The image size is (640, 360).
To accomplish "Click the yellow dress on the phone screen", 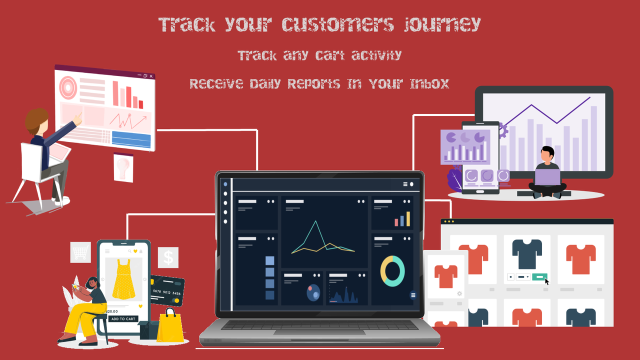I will pyautogui.click(x=123, y=278).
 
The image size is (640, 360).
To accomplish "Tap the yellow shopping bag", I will pyautogui.click(x=170, y=327).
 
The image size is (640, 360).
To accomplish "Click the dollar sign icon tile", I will pyautogui.click(x=168, y=257).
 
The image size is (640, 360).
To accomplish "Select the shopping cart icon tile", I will pyautogui.click(x=80, y=252).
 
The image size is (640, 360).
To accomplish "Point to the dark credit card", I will pyautogui.click(x=167, y=291).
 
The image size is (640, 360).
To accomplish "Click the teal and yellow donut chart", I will pyautogui.click(x=392, y=271).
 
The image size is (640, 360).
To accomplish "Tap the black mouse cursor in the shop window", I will pyautogui.click(x=547, y=281).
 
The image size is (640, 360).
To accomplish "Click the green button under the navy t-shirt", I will pyautogui.click(x=539, y=276).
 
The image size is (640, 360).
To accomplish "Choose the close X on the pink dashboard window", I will pyautogui.click(x=151, y=76).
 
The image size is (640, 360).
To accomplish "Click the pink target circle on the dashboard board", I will pyautogui.click(x=68, y=87).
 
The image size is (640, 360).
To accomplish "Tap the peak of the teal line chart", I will pyautogui.click(x=315, y=221).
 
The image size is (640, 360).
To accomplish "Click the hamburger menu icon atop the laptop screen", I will pyautogui.click(x=405, y=184).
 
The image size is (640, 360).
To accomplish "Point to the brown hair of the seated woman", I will pyautogui.click(x=36, y=120).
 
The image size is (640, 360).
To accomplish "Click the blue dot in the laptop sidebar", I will pyautogui.click(x=225, y=184).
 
